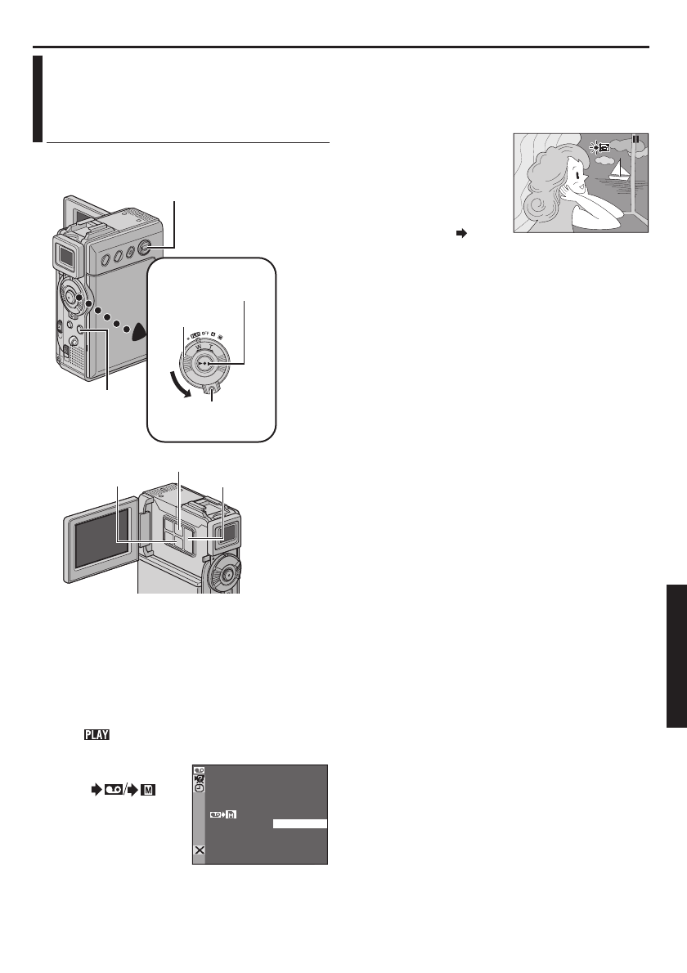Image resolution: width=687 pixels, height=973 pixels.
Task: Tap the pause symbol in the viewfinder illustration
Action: coord(635,139)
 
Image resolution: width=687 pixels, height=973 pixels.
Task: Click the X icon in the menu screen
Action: coord(199,850)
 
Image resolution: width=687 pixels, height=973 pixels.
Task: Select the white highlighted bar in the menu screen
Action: coord(300,824)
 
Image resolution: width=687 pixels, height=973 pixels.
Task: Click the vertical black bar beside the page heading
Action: coord(38,98)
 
